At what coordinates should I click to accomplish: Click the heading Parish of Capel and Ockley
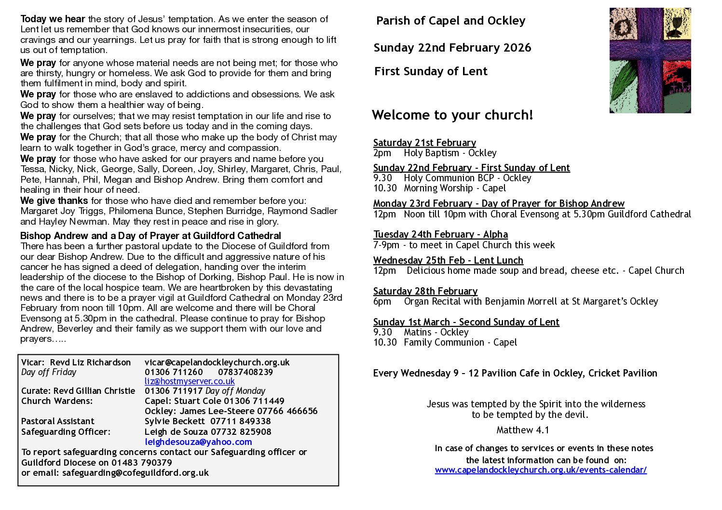(450, 21)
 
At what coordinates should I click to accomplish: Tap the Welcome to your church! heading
(452, 115)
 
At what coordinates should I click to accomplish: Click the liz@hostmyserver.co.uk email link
(190, 381)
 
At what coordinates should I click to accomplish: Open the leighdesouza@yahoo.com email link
(198, 442)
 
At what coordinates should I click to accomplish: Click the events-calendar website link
(541, 470)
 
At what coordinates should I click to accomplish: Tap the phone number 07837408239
(245, 372)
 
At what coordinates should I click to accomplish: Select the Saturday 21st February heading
(424, 143)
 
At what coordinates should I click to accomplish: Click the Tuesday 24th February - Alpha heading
(440, 234)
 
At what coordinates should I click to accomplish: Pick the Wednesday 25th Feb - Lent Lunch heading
(448, 260)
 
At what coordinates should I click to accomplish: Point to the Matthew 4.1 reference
(523, 430)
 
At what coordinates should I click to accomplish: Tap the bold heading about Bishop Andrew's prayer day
(150, 236)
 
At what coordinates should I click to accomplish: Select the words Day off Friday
(49, 372)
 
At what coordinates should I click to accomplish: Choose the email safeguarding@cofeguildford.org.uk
(135, 473)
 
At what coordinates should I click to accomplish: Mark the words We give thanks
(54, 201)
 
